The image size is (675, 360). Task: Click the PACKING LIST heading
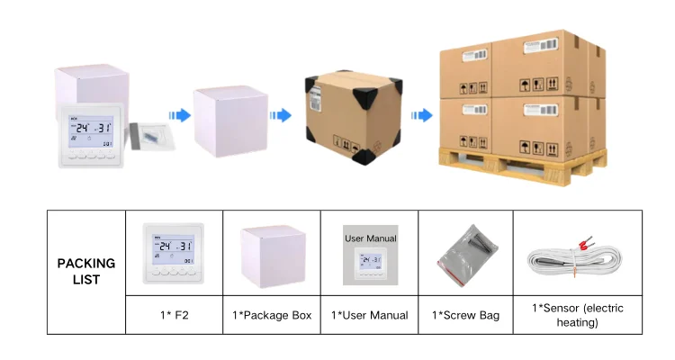(86, 271)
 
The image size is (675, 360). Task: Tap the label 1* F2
(174, 315)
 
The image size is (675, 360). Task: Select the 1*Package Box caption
(272, 315)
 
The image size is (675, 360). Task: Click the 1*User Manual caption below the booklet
(369, 315)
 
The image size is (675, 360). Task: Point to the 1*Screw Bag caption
(465, 315)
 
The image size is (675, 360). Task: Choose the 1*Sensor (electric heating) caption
(577, 315)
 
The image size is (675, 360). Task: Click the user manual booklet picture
(369, 259)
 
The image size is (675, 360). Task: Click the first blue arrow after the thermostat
(180, 115)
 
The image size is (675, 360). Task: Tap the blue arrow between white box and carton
(281, 115)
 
